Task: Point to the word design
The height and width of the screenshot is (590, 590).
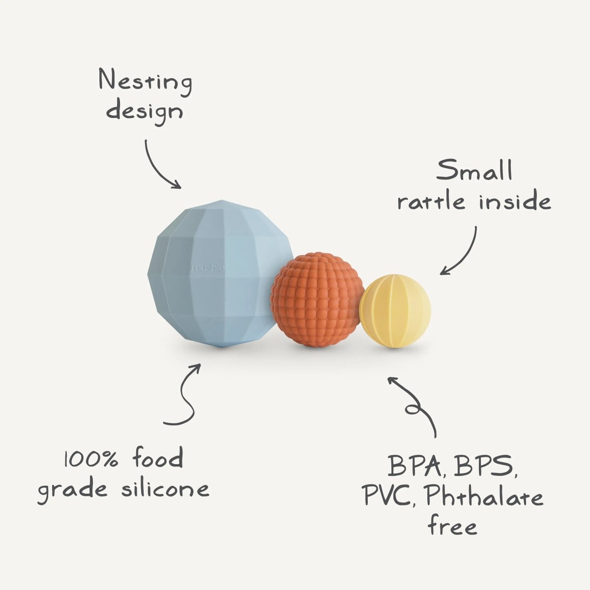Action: point(145,110)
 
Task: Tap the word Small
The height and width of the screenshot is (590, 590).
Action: point(474,171)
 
